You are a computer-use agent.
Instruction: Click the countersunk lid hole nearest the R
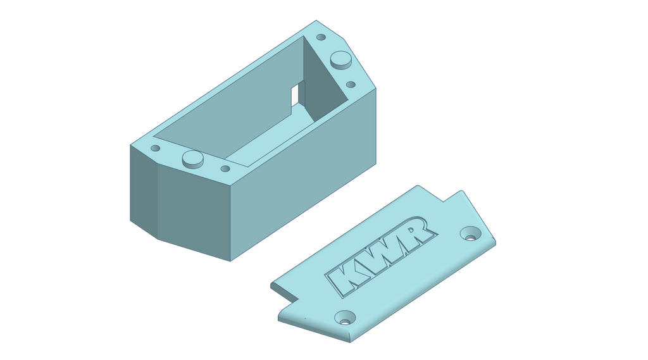pos(471,233)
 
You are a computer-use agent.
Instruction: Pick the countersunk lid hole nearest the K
pos(345,318)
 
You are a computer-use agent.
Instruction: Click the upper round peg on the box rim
pos(341,60)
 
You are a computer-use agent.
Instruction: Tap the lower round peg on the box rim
pos(193,159)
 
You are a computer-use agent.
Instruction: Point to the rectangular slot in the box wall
pos(295,95)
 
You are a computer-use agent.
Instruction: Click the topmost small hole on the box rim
pos(321,37)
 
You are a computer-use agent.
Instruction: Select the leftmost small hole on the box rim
pos(156,148)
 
